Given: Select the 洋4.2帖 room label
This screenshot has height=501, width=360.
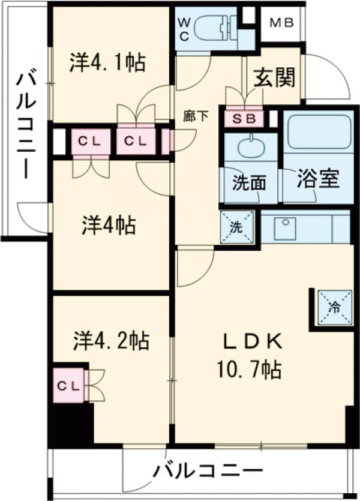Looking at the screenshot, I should (111, 341).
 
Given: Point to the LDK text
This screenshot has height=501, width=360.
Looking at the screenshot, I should (253, 341).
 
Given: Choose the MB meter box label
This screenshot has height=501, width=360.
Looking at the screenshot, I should (281, 23).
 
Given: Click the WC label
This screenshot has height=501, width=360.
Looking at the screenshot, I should (185, 28).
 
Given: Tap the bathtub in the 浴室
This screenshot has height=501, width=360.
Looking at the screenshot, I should (316, 132).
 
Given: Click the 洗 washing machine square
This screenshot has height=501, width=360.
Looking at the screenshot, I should (237, 227).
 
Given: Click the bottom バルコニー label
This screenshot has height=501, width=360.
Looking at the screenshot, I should (207, 470).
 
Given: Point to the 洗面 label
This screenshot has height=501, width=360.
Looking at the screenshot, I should (248, 183).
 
